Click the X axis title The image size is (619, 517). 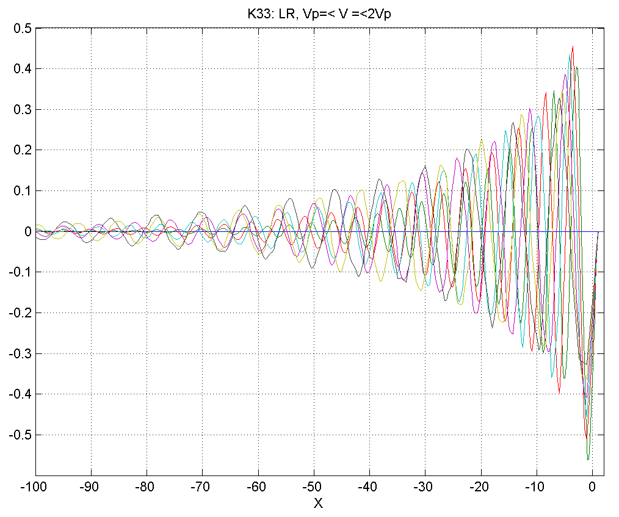(317, 504)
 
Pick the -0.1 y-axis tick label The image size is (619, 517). (19, 272)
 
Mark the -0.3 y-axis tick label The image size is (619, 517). (19, 353)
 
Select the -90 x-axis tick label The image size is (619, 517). (91, 488)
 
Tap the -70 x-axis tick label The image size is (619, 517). (203, 488)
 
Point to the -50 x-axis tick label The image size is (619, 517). (314, 488)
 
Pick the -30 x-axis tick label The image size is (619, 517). (425, 488)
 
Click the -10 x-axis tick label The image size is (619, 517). (537, 488)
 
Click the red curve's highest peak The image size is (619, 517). (573, 46)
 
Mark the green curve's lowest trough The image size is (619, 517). (588, 459)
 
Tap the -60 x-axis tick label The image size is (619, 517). (258, 488)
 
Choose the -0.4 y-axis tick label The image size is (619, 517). (19, 394)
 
